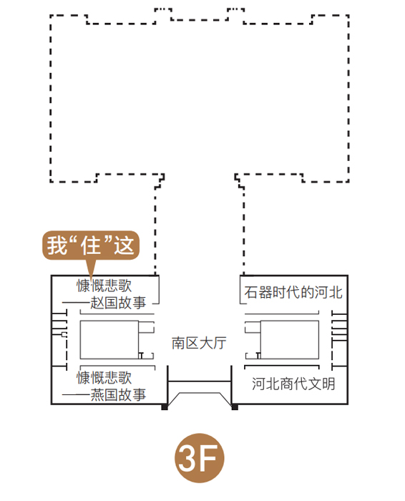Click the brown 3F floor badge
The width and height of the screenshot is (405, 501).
pyautogui.click(x=200, y=457)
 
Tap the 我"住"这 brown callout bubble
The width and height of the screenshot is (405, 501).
pyautogui.click(x=91, y=245)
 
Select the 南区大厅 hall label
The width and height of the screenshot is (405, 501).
pyautogui.click(x=199, y=343)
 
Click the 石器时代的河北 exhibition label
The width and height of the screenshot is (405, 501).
pyautogui.click(x=293, y=292)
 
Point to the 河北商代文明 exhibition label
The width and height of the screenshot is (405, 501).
pyautogui.click(x=293, y=384)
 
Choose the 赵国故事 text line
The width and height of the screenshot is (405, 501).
pyautogui.click(x=118, y=303)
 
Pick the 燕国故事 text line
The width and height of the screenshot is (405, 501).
pyautogui.click(x=118, y=394)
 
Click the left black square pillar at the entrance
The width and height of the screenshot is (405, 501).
pyautogui.click(x=165, y=407)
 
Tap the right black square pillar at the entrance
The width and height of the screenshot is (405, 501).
pyautogui.click(x=235, y=407)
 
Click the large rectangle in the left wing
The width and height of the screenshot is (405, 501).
pyautogui.click(x=109, y=340)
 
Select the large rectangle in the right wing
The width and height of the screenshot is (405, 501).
pyautogui.click(x=289, y=340)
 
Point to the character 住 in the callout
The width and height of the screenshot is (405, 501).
pyautogui.click(x=91, y=245)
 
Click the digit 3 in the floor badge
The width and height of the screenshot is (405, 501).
pyautogui.click(x=189, y=458)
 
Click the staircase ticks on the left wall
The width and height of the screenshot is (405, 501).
pyautogui.click(x=59, y=339)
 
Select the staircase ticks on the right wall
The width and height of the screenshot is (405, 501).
pyautogui.click(x=339, y=339)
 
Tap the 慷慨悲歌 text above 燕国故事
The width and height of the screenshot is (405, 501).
pyautogui.click(x=104, y=378)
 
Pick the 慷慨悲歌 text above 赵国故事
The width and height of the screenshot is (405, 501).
pyautogui.click(x=104, y=286)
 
